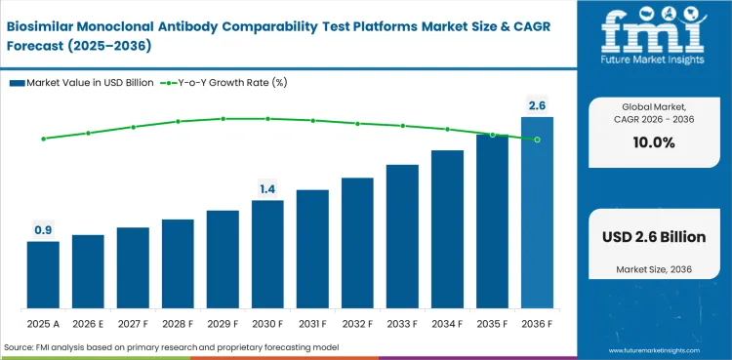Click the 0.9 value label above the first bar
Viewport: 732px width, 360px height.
43,230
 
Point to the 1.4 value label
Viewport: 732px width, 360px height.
267,188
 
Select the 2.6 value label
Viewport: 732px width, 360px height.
537,104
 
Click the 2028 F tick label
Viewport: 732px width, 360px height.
178,323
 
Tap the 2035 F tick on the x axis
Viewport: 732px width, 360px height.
492,323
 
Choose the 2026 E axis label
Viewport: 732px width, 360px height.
88,323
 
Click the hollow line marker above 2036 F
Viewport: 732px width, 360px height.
537,140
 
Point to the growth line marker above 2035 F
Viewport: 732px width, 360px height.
492,135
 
